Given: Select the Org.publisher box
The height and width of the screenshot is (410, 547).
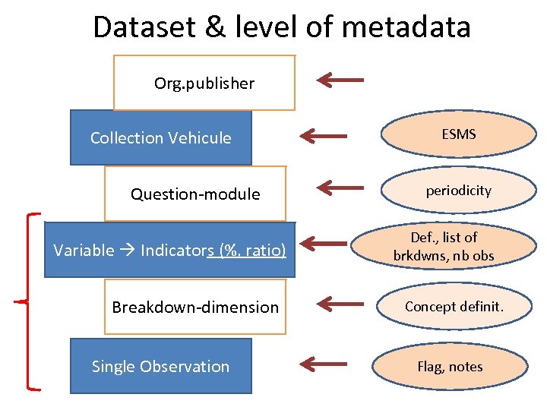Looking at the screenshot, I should (204, 83).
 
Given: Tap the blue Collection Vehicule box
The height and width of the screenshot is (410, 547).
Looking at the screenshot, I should (160, 137).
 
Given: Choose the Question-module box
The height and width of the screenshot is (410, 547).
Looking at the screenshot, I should (195, 194).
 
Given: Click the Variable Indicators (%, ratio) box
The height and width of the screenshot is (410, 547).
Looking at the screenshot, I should (169, 250).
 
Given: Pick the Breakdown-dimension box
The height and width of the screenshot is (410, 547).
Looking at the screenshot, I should (195, 307).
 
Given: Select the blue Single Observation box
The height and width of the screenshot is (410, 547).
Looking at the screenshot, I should (160, 366).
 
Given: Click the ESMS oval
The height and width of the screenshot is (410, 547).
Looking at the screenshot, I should (458, 134).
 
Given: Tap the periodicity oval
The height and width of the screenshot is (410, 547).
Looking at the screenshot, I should (458, 191).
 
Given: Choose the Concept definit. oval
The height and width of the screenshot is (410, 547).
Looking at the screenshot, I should (454, 306).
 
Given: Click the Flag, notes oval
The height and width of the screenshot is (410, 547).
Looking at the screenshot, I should (450, 367).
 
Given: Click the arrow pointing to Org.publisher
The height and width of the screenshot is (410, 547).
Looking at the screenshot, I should (340, 79).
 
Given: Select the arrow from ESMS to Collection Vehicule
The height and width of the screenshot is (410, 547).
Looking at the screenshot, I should (323, 136).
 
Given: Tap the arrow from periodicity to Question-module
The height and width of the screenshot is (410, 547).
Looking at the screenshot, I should (340, 188).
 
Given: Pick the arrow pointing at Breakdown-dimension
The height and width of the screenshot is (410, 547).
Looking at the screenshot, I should (340, 304).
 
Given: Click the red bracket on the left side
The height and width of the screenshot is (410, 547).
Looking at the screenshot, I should (29, 302).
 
